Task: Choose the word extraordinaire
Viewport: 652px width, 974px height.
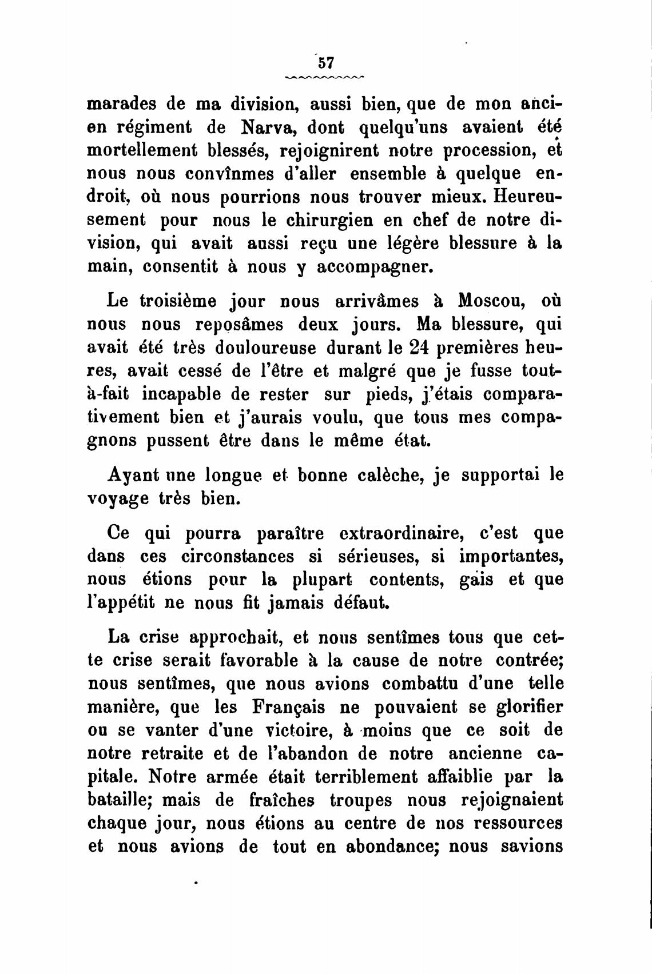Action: [397, 533]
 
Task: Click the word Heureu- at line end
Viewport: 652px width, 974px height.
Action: [526, 197]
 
